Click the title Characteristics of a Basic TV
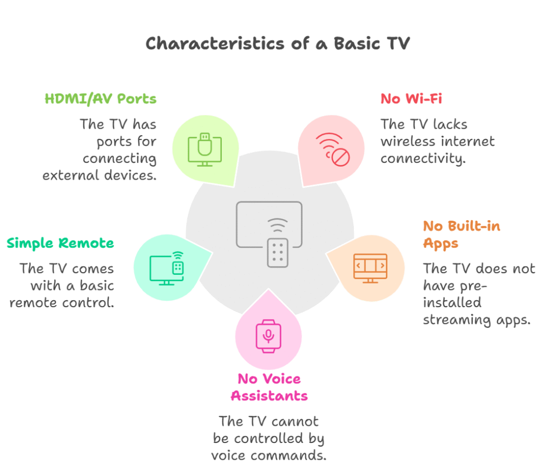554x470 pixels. pos(278,44)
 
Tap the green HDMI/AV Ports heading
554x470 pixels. pos(100,99)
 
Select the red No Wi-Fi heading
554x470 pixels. pos(411,99)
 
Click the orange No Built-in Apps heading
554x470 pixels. pos(461,235)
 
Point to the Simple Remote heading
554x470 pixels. pos(61,243)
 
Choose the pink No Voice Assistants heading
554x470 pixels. pos(269,387)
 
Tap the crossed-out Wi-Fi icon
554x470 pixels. pos(333,149)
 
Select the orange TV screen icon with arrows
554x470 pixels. pos(370,268)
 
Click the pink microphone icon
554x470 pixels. pos(268,336)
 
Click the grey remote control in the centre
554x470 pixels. pos(278,253)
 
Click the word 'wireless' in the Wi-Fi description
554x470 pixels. pos(408,142)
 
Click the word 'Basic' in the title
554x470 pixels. pos(357,44)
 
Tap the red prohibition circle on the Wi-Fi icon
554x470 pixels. pos(341,157)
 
